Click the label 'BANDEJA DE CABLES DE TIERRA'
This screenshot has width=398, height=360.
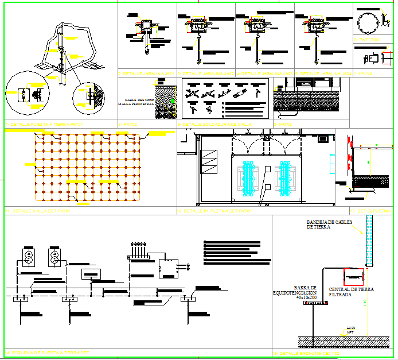tap(329, 224)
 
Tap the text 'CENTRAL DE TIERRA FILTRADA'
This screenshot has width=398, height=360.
tap(352, 292)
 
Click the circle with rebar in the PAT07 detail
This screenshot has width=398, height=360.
tap(366, 23)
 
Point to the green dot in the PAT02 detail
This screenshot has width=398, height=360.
tap(172, 101)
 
